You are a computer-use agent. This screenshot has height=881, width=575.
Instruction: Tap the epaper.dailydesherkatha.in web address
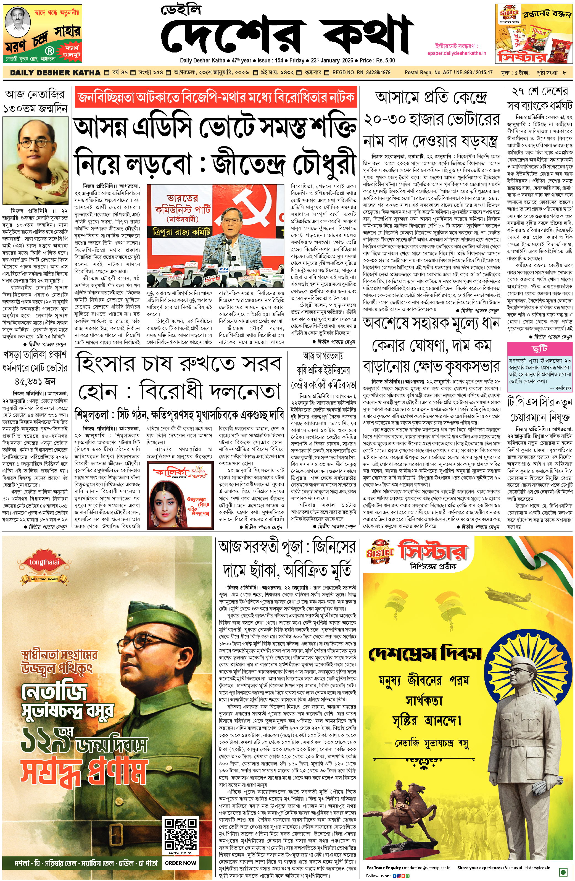456,53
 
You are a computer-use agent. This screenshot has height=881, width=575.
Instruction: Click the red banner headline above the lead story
216,97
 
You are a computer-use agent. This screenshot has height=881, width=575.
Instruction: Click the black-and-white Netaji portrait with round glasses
35,159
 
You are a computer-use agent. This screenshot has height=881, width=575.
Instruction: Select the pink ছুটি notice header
539,349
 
